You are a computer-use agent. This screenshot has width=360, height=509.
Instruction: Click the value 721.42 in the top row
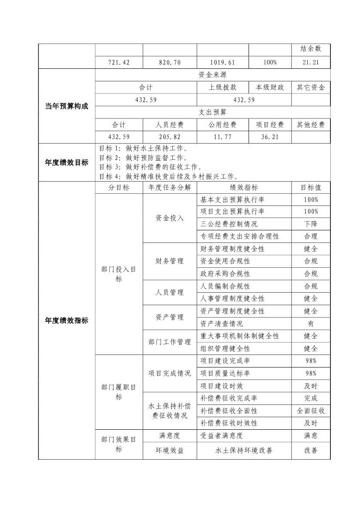(x=119, y=62)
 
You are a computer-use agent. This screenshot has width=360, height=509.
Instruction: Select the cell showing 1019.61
(x=222, y=62)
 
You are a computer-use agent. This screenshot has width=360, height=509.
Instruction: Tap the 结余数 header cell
(x=310, y=49)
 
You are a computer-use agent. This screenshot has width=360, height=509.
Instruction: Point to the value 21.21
(x=310, y=62)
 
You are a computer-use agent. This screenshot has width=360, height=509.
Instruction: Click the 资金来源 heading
(x=212, y=75)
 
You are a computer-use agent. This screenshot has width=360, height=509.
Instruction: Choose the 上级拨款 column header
(x=222, y=88)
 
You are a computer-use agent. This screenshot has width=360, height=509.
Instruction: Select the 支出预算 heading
(x=212, y=112)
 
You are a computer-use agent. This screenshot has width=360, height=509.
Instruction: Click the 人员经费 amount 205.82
(x=169, y=137)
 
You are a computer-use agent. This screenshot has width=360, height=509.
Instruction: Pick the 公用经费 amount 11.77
(x=222, y=137)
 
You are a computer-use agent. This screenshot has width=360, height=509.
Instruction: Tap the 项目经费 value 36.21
(x=270, y=137)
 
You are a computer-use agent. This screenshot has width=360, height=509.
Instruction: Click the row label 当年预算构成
(x=67, y=106)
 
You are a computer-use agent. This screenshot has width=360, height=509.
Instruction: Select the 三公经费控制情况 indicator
(x=229, y=224)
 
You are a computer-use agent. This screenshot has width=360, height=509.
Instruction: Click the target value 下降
(x=310, y=224)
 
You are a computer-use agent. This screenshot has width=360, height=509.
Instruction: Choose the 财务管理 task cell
(x=169, y=261)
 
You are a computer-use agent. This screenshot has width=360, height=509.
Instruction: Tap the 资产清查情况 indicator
(x=222, y=324)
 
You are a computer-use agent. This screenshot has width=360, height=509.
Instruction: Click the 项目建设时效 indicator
(x=222, y=386)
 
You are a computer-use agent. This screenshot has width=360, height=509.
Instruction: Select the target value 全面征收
(x=310, y=411)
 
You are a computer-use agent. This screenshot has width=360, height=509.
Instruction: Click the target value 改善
(x=310, y=451)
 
